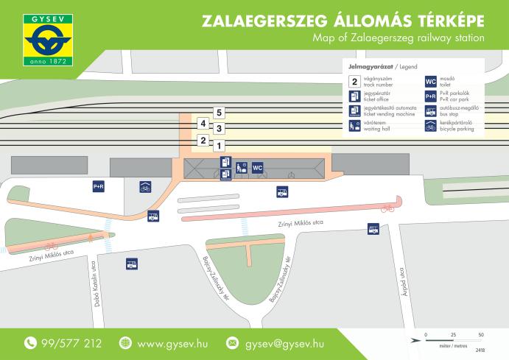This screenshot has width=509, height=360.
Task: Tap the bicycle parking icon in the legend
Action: (x=430, y=126)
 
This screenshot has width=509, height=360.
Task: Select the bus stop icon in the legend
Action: (x=430, y=111)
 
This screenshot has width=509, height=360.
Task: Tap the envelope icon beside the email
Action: (x=233, y=343)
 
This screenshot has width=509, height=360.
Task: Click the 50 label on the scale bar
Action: (x=480, y=335)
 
